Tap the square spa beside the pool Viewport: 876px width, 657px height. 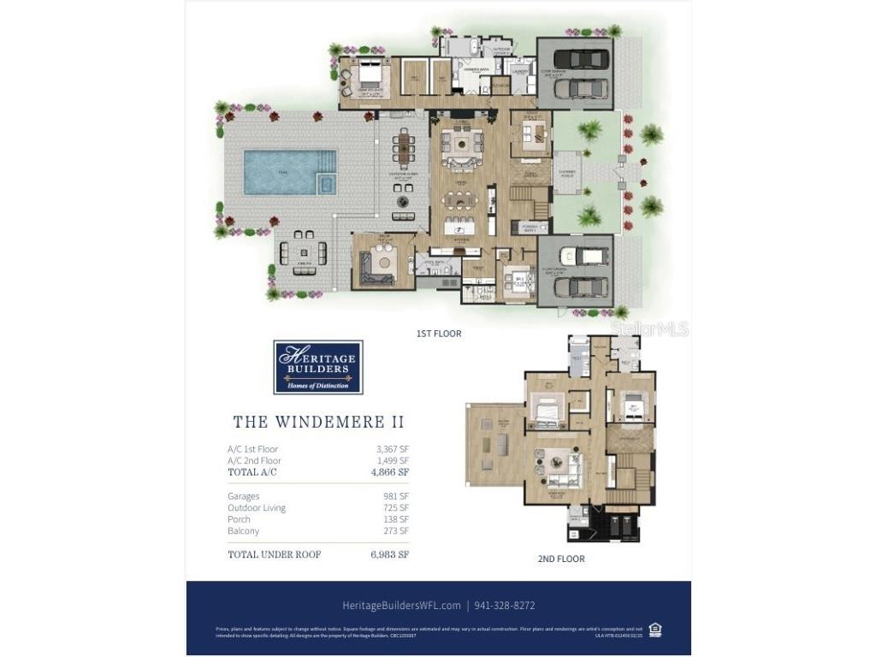tap(326, 182)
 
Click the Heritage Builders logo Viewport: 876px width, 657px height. tap(318, 367)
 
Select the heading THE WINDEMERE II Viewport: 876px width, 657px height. tap(318, 423)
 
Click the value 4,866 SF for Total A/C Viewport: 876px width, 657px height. tap(389, 472)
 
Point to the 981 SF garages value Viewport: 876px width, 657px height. tap(395, 496)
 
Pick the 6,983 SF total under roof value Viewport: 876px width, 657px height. tap(389, 554)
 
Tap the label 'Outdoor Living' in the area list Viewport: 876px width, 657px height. tap(257, 508)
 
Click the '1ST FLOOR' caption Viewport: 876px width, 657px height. tap(439, 334)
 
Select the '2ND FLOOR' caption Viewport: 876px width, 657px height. tap(561, 559)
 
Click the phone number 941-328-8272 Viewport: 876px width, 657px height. tap(506, 606)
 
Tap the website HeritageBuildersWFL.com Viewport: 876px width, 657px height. tap(401, 606)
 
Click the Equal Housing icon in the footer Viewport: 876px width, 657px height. tap(655, 630)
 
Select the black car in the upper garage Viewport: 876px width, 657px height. tap(586, 59)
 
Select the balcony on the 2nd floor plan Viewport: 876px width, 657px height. tap(494, 444)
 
